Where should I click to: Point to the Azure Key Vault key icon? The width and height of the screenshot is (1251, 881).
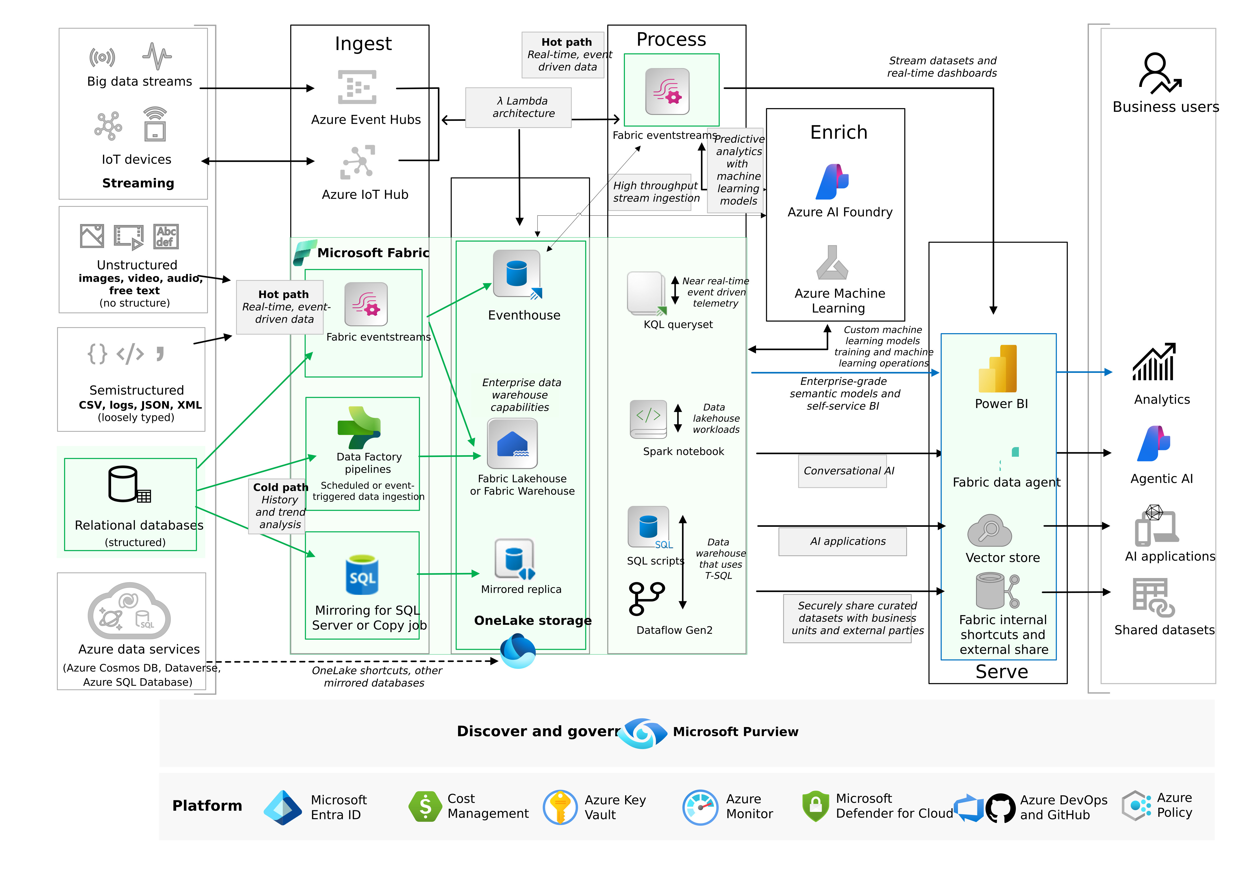[560, 807]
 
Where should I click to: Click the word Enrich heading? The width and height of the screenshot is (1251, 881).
[838, 132]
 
